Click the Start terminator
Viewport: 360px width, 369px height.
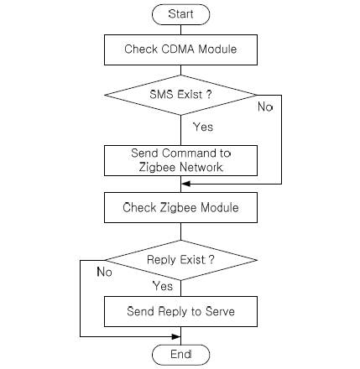pos(180,14)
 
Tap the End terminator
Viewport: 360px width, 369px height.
pos(180,355)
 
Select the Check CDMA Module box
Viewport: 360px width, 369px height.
pos(180,50)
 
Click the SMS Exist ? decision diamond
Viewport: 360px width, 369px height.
pos(180,95)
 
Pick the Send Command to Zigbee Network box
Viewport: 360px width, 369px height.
pos(180,160)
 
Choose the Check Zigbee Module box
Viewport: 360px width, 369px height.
pos(180,207)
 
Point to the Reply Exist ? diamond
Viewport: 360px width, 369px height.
pos(180,260)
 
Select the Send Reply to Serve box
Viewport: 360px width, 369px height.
pos(180,311)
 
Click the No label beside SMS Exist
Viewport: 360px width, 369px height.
pos(265,107)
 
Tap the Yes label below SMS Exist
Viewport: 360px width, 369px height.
pos(203,127)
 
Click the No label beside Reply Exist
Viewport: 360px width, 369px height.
pos(104,272)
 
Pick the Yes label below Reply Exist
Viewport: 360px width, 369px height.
pos(163,286)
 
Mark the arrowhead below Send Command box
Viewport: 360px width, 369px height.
pos(185,184)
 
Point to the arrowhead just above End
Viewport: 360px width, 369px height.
pos(176,336)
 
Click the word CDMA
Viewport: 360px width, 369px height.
pos(178,49)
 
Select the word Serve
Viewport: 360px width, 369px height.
pos(220,311)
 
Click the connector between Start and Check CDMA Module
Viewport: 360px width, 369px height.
pos(180,30)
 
